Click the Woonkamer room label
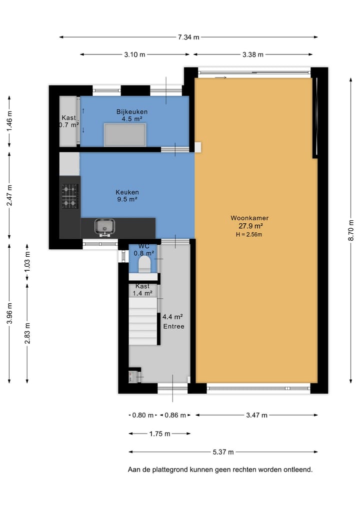tap(249, 218)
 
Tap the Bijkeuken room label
tap(132, 112)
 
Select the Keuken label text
tap(127, 192)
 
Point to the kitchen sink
tap(105, 227)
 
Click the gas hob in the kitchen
tap(70, 196)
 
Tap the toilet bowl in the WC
tap(144, 264)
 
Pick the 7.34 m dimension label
tap(188, 37)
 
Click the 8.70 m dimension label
tap(351, 230)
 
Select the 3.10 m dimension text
tap(134, 55)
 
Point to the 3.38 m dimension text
tap(253, 55)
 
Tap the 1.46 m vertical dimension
tap(9, 121)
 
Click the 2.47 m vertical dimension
tap(9, 195)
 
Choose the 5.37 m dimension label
tap(223, 452)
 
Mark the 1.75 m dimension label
tap(159, 434)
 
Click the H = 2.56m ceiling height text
tap(249, 235)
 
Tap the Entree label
tap(174, 326)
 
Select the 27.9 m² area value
tap(250, 226)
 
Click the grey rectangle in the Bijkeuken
tap(125, 135)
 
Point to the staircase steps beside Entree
tap(143, 321)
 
